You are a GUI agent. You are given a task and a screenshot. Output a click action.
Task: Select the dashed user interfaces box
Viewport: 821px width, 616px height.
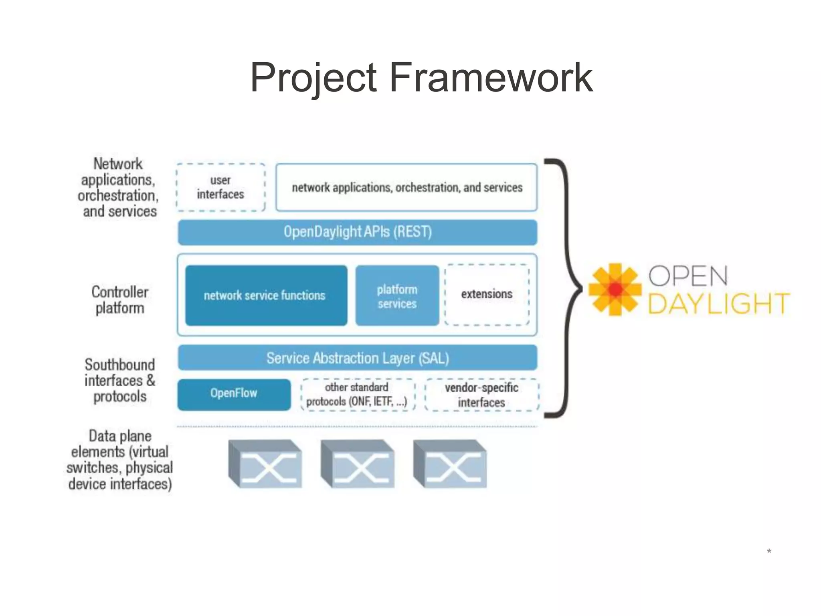coord(220,187)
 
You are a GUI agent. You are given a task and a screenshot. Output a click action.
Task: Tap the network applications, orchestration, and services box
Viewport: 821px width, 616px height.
coord(406,187)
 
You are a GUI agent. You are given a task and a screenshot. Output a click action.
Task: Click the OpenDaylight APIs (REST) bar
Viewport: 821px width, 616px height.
coord(358,232)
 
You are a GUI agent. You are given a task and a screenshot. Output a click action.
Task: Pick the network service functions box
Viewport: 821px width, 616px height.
coord(266,296)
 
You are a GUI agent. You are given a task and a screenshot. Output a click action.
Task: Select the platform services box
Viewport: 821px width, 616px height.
coord(397,296)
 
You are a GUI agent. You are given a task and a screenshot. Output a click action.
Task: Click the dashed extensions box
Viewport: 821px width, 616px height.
coord(487,294)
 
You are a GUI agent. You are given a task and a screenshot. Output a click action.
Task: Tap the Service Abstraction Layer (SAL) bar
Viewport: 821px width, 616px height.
coord(358,358)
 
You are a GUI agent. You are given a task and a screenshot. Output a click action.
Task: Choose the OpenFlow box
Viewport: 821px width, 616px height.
coord(234,394)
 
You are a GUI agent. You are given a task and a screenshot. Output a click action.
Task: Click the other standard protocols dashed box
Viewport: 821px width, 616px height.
coord(357,395)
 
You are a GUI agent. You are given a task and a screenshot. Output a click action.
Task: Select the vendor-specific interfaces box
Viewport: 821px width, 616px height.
coord(481,395)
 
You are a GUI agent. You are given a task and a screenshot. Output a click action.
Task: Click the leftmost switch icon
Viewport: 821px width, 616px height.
coord(265,464)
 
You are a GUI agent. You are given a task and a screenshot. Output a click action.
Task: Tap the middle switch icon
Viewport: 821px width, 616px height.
coord(358,464)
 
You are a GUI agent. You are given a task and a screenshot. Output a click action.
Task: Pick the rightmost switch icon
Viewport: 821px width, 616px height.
coord(450,464)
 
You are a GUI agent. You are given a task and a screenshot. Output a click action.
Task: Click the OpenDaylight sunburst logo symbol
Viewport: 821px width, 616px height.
coord(615,289)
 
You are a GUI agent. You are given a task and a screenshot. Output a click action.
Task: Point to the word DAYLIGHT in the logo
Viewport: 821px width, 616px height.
coord(718,304)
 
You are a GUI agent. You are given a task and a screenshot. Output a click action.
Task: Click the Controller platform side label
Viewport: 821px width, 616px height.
coord(119,300)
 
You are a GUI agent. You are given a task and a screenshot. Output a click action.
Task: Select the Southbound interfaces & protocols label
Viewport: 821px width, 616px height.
coord(119,381)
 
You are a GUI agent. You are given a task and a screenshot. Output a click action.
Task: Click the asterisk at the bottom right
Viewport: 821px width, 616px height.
coord(769,551)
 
